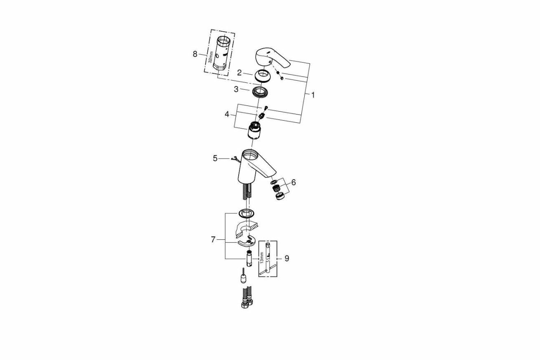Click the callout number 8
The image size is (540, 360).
coord(195,54)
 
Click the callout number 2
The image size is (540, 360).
coord(239,73)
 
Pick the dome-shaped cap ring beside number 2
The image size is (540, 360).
coord(262,77)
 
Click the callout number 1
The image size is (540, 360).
coord(313,95)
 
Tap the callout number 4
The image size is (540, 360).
coord(227,114)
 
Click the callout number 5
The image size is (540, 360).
coord(215,158)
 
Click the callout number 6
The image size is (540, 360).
coord(293,182)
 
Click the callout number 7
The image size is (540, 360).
coord(213,239)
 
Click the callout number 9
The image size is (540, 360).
coord(286,258)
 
